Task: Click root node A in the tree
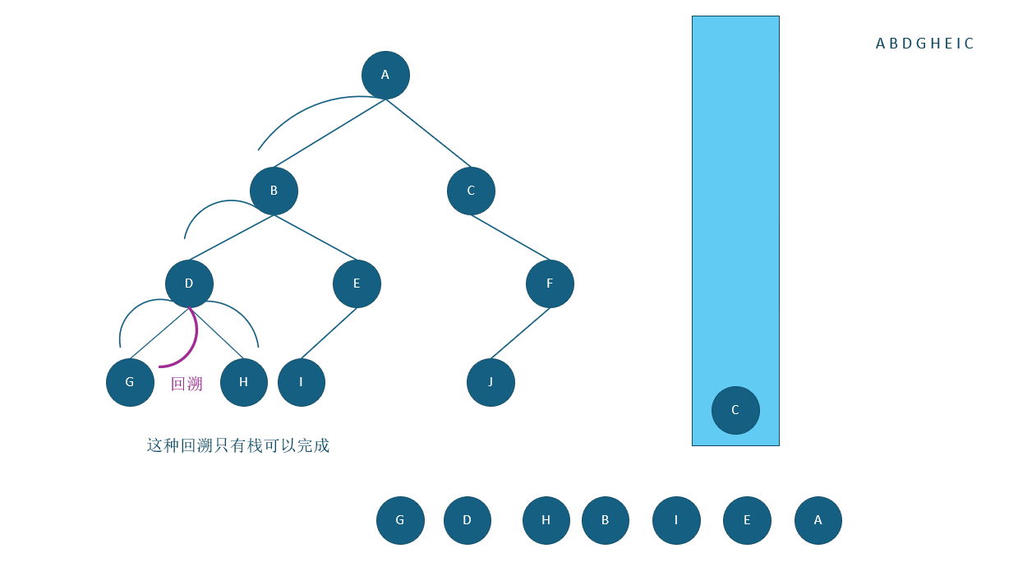[x=385, y=75]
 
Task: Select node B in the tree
[x=274, y=191]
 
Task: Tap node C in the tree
[x=471, y=191]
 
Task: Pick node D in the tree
[x=189, y=283]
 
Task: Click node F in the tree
[x=550, y=283]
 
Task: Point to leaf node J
[x=491, y=382]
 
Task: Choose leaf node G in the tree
[x=130, y=382]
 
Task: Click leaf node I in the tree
[x=301, y=382]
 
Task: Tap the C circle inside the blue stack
[x=735, y=410]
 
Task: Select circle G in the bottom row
[x=400, y=520]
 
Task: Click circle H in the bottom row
[x=546, y=520]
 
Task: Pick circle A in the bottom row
[x=818, y=520]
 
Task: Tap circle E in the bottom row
[x=747, y=520]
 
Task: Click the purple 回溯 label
[x=187, y=385]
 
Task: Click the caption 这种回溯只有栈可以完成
[x=238, y=445]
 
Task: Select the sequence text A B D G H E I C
[x=924, y=44]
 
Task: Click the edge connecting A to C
[x=429, y=133]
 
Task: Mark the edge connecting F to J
[x=520, y=333]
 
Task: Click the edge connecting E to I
[x=329, y=333]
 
